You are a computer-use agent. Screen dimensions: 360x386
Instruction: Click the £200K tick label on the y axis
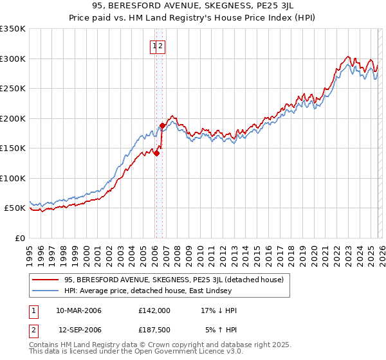pos(13,118)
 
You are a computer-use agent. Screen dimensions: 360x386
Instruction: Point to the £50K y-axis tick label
pos(15,208)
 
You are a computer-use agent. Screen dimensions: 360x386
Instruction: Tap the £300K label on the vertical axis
pos(13,59)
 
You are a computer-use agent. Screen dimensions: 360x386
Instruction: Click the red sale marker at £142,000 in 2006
pos(156,153)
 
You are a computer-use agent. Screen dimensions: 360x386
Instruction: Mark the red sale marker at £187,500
pos(162,125)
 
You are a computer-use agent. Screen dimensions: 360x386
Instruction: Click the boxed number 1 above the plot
pos(155,46)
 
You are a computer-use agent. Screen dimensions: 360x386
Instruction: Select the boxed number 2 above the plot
pos(161,46)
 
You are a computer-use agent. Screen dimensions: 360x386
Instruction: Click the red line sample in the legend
pos(46,280)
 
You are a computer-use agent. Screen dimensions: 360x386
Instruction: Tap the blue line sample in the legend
pos(46,291)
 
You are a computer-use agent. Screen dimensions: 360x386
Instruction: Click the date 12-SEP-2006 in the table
pos(80,330)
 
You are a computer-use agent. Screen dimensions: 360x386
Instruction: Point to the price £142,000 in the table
pos(154,310)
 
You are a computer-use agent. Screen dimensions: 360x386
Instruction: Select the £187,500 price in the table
pos(154,330)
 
